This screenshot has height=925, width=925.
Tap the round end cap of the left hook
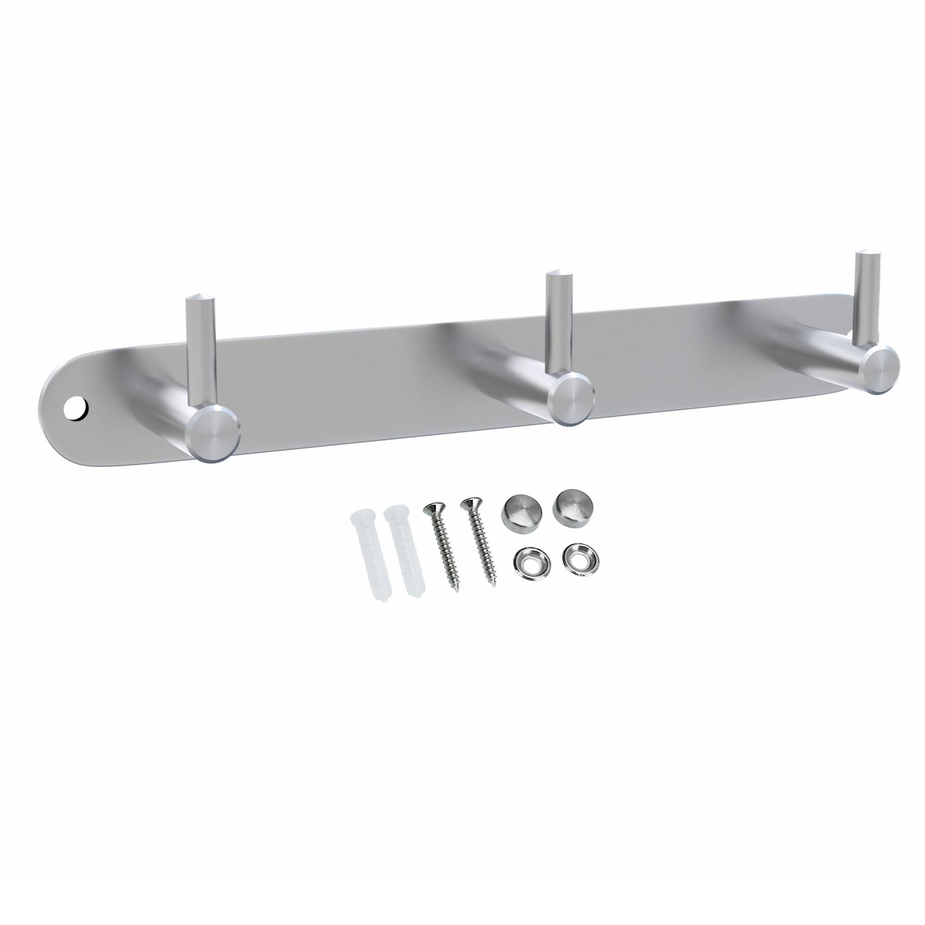click(214, 432)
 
